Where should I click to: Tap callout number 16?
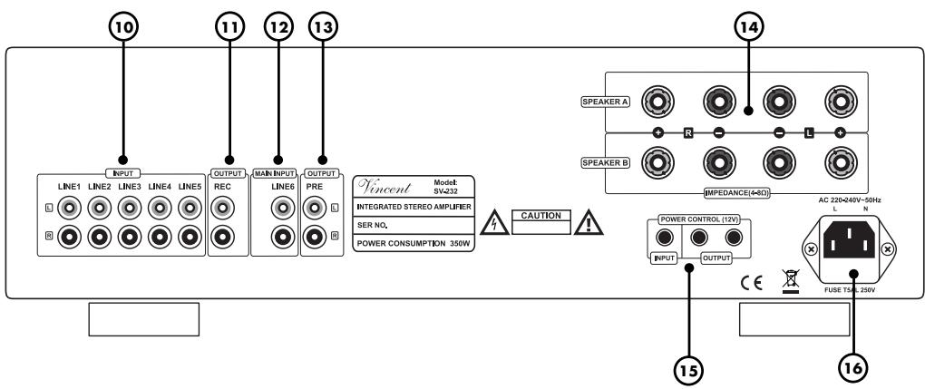tap(853, 368)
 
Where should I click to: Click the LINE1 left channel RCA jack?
tap(70, 208)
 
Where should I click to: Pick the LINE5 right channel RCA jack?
tap(190, 237)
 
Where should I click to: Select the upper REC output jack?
tap(222, 208)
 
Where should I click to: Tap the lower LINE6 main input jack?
tap(283, 237)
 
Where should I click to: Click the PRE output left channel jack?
tap(314, 208)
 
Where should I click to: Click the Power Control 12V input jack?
tap(665, 238)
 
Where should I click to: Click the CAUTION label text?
tap(541, 216)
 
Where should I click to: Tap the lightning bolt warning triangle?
tap(494, 224)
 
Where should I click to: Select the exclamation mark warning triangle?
tap(589, 224)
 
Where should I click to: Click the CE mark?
tap(752, 282)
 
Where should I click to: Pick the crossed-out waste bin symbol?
tap(790, 281)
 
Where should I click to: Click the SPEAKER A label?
tap(606, 102)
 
